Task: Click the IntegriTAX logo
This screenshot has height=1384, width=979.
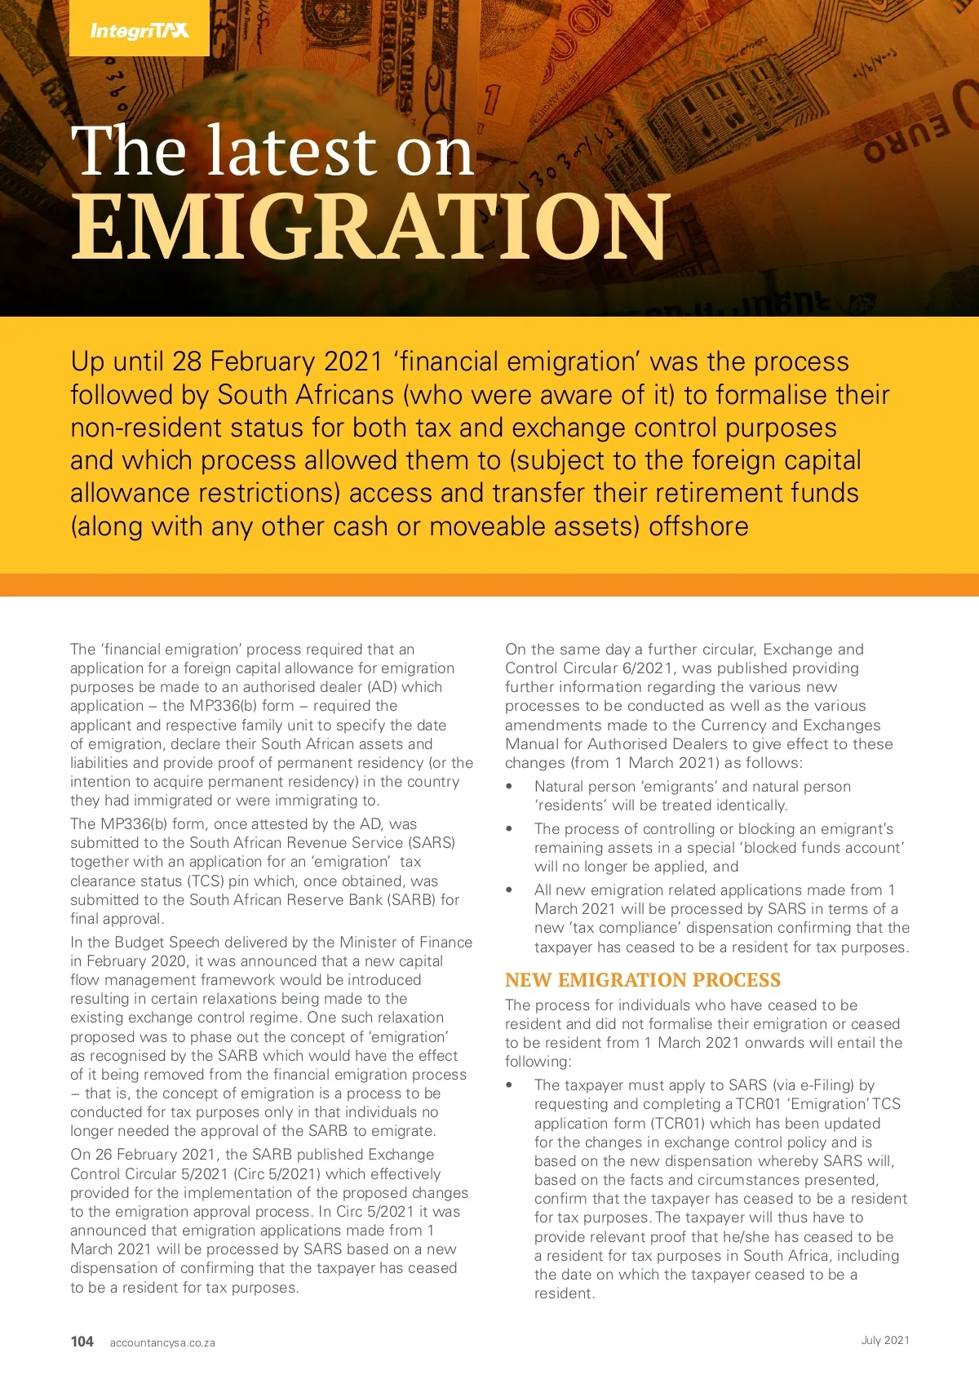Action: click(140, 31)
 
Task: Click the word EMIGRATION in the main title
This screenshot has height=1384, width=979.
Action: click(371, 228)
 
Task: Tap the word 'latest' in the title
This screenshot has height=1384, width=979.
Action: click(291, 152)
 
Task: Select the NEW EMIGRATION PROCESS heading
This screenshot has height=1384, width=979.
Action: click(643, 980)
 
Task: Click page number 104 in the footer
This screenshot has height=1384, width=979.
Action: click(82, 1342)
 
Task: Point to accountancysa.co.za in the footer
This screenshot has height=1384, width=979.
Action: click(162, 1342)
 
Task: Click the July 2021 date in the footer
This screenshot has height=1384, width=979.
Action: click(885, 1340)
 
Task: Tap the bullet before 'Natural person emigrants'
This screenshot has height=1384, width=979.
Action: click(510, 787)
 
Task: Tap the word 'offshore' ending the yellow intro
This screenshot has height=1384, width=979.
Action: click(698, 526)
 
